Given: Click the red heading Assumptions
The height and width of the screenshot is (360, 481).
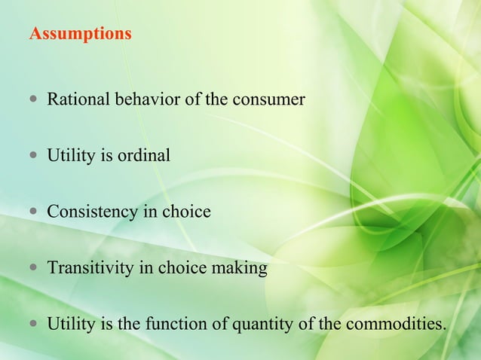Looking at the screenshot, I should click(x=80, y=35).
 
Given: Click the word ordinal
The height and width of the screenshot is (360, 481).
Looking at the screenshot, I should click(x=142, y=156).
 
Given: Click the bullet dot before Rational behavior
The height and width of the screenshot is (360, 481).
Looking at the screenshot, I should click(x=34, y=100).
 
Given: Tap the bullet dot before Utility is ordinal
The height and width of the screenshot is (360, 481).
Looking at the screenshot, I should click(x=34, y=157).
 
